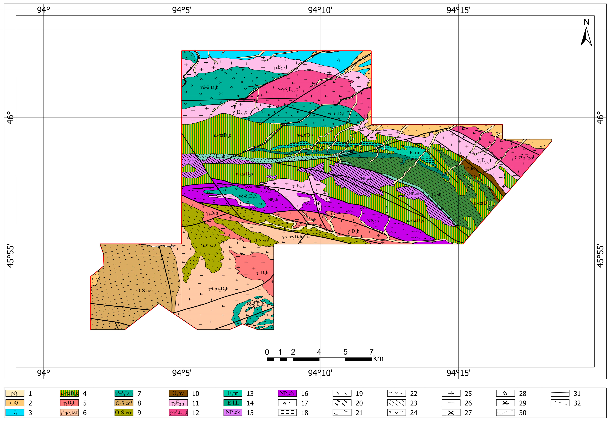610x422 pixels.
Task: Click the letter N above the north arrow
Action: (x=586, y=22)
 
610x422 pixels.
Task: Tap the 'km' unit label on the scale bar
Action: (x=378, y=359)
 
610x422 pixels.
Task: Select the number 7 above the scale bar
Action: (x=371, y=352)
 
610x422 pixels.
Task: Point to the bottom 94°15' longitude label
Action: (x=458, y=373)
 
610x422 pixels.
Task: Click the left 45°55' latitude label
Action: (x=10, y=256)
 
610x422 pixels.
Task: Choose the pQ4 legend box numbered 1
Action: (x=15, y=394)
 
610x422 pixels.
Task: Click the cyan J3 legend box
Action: (x=15, y=413)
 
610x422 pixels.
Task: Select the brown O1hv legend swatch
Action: (x=178, y=394)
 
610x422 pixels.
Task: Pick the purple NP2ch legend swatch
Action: (x=287, y=394)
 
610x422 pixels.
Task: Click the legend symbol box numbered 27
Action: (x=451, y=413)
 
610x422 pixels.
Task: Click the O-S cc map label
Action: (x=144, y=291)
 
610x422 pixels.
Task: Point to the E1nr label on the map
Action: (x=414, y=153)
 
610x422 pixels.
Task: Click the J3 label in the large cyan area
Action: (x=339, y=60)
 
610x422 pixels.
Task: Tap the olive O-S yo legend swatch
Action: (x=124, y=413)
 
